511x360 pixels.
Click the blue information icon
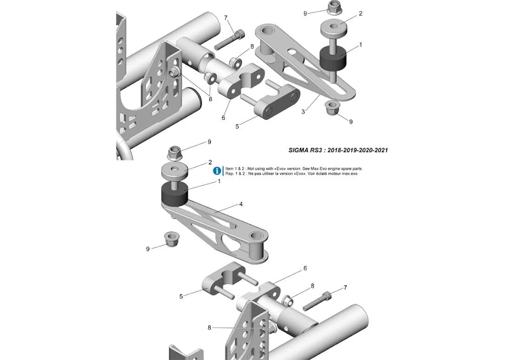[216, 171]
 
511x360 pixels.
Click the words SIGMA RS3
[308, 150]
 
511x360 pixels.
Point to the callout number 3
[304, 112]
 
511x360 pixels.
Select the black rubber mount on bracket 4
[175, 195]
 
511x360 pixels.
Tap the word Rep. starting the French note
[229, 174]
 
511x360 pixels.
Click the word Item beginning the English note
[230, 168]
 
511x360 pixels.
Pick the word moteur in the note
[333, 174]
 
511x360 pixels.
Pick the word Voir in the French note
[313, 174]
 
